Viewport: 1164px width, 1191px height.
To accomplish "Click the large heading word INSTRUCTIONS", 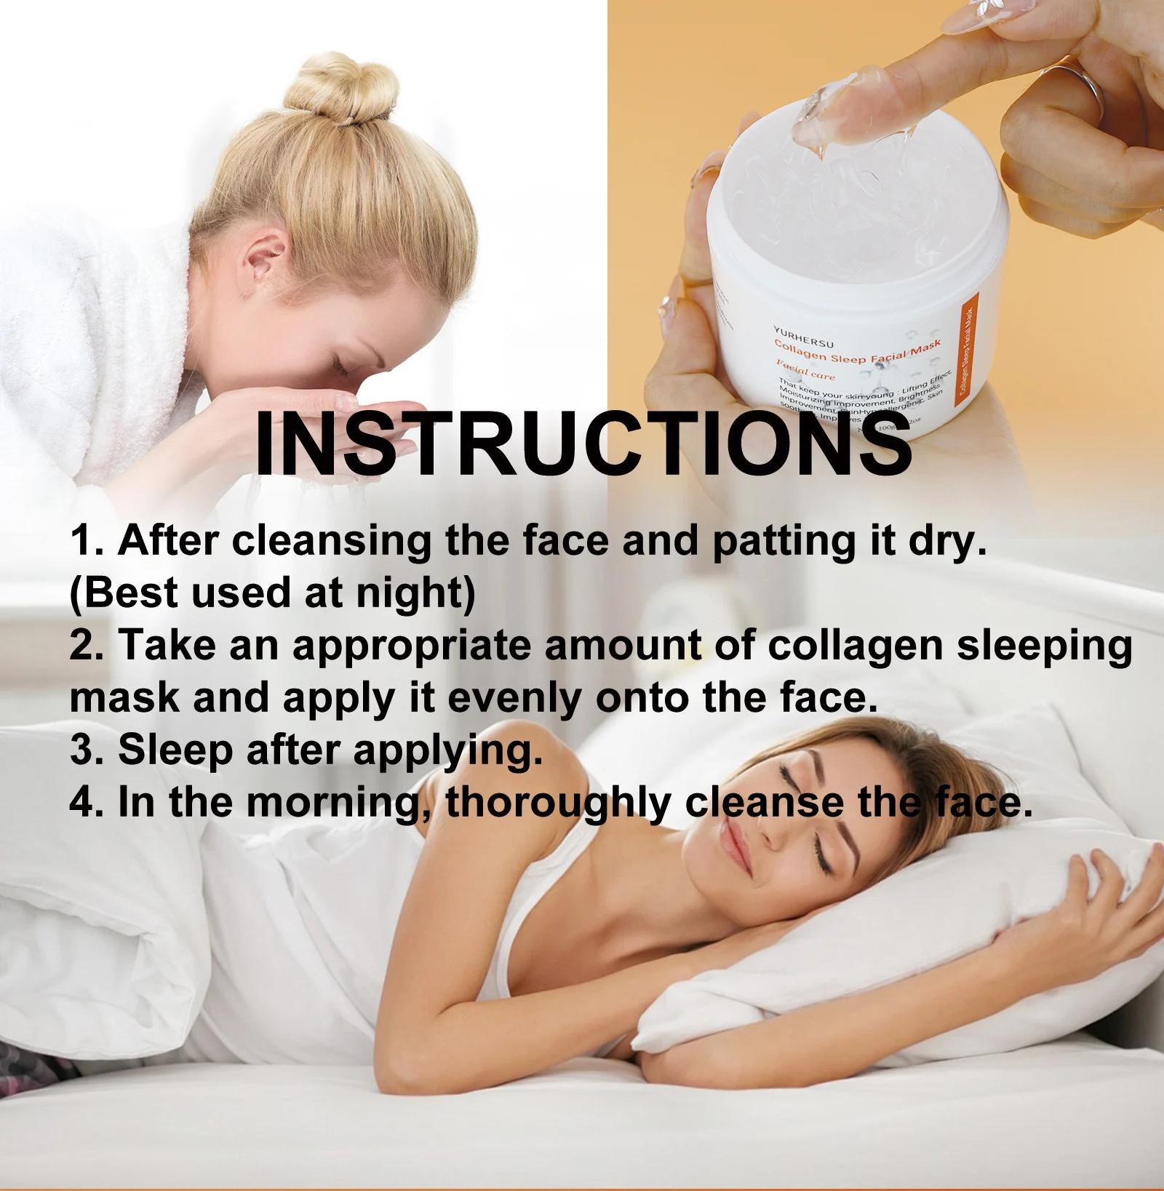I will click(583, 444).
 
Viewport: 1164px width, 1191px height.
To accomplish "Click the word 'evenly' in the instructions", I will click(514, 699).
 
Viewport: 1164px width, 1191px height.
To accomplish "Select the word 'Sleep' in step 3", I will click(175, 750).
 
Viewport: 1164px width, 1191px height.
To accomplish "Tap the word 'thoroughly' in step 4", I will click(558, 803).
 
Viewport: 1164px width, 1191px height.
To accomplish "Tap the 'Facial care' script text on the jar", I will click(805, 370).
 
